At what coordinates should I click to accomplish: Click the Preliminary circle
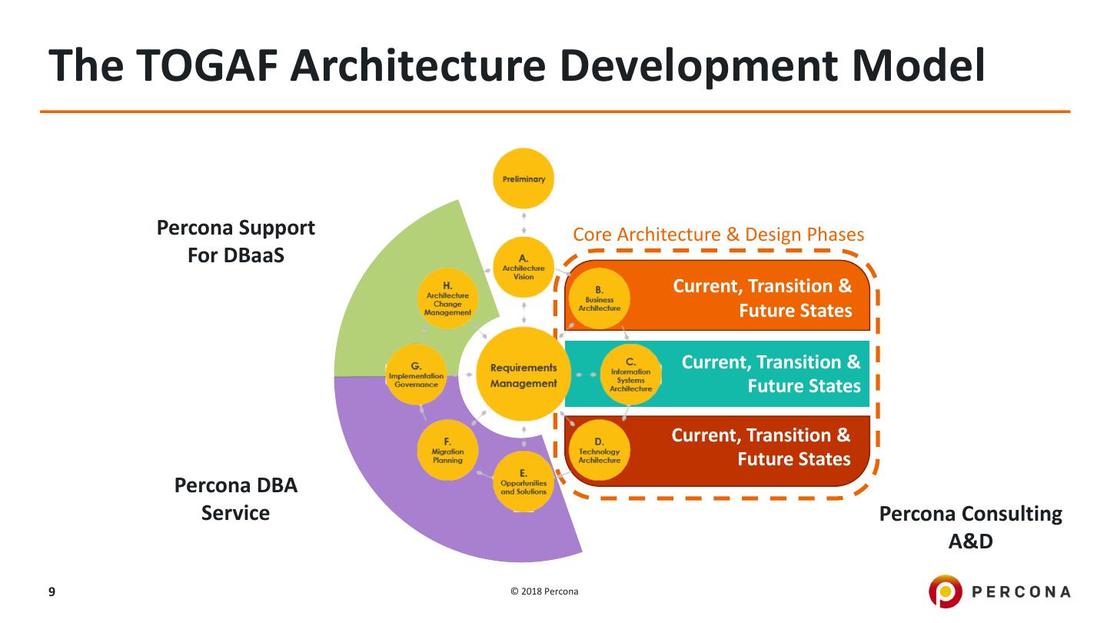coord(524,179)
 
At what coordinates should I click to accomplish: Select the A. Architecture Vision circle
coord(524,268)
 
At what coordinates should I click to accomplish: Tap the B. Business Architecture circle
coord(599,298)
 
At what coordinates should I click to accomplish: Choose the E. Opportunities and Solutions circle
coord(524,482)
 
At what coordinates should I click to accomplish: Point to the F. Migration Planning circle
coord(447,451)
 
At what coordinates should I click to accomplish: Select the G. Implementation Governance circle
coord(416,375)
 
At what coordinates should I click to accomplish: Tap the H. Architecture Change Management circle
coord(447,299)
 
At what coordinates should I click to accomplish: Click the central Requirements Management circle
coord(524,374)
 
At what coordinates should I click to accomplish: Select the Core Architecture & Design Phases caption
coord(719,234)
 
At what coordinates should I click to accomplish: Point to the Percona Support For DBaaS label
coord(236,241)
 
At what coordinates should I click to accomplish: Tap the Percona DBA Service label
coord(236,499)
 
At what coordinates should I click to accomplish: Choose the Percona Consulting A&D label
coord(970,528)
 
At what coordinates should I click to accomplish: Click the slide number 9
coord(52,591)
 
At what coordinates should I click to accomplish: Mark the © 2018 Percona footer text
coord(544,591)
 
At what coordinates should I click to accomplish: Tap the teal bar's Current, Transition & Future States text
coord(771,373)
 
